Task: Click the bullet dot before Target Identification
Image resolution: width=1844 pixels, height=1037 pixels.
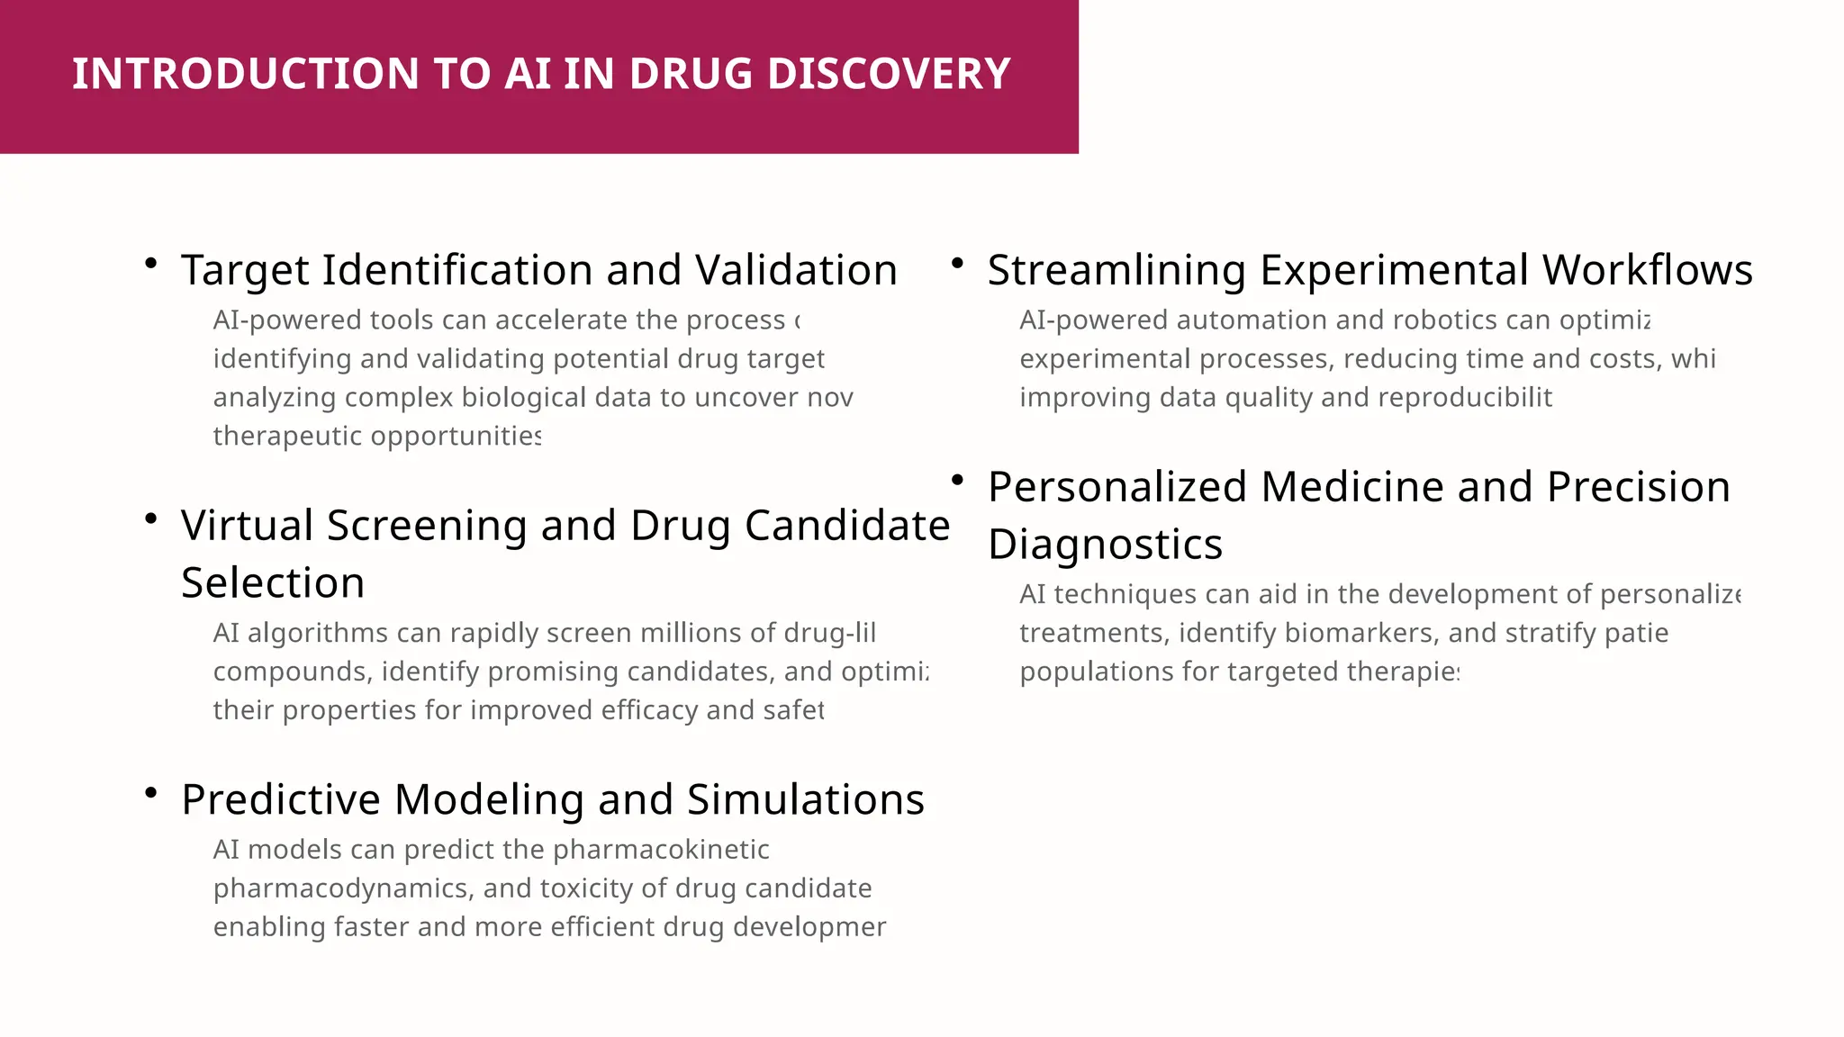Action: (151, 263)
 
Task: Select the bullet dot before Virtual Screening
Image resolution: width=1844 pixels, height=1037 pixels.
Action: (151, 518)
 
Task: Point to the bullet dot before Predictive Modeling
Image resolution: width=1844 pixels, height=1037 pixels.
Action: (151, 792)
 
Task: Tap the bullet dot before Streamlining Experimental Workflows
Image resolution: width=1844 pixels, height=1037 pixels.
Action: (958, 263)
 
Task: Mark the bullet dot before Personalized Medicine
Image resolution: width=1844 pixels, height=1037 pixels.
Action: (958, 480)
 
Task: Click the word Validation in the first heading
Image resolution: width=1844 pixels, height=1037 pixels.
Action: (796, 270)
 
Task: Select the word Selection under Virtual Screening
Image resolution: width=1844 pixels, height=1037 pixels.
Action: (273, 583)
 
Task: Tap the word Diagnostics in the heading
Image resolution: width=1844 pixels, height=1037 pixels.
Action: (1105, 545)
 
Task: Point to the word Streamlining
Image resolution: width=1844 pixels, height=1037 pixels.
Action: (1116, 270)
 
